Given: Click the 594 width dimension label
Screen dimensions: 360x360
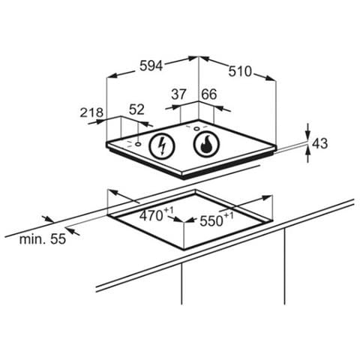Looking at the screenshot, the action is coord(151,66).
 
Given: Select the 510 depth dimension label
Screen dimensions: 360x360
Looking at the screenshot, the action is coord(240,71).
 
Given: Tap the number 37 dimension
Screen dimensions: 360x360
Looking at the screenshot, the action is coord(178,94).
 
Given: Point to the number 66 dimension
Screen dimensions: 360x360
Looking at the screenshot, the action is coord(209,94).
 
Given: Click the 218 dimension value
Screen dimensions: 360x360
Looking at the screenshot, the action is coord(91,112).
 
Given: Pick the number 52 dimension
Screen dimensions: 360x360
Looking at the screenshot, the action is coord(136,109).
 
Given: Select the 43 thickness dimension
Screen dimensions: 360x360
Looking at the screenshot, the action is coord(320,144).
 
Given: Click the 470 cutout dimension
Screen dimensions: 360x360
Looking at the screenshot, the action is coord(151,215).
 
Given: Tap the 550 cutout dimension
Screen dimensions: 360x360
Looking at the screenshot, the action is coord(211,221).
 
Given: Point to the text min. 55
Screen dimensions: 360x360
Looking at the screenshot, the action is coord(43,239).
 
